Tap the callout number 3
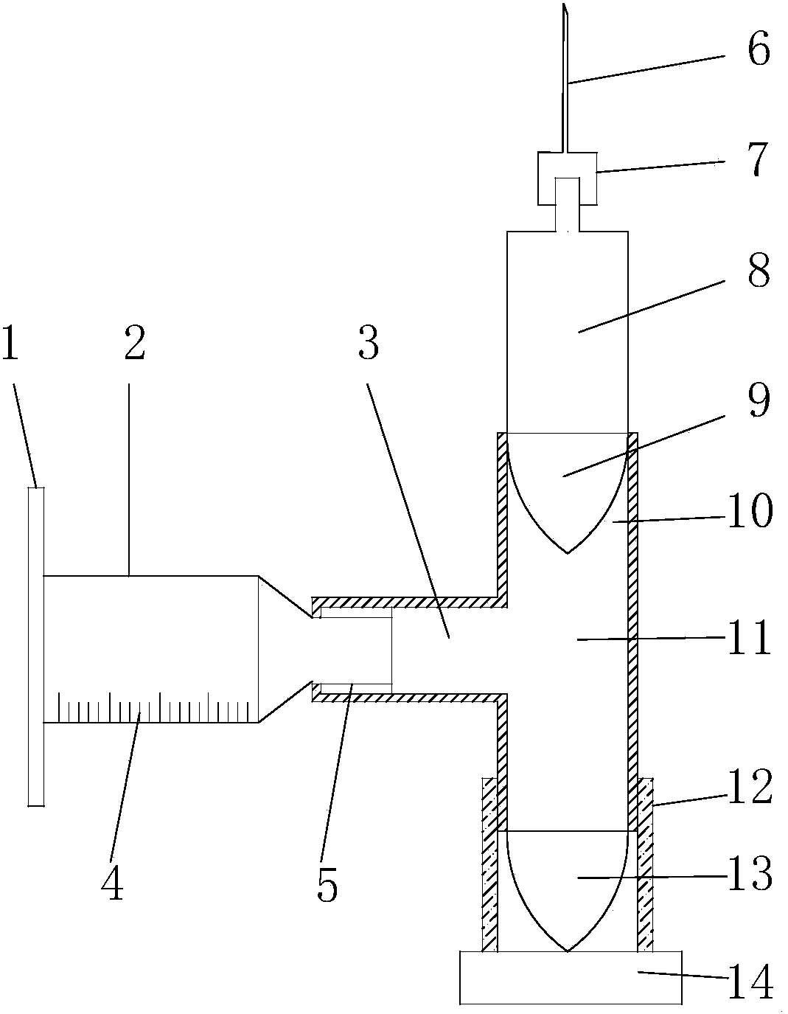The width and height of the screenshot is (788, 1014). [x=368, y=344]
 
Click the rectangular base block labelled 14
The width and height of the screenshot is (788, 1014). [x=570, y=977]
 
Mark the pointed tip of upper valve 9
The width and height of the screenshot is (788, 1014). [x=567, y=552]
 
